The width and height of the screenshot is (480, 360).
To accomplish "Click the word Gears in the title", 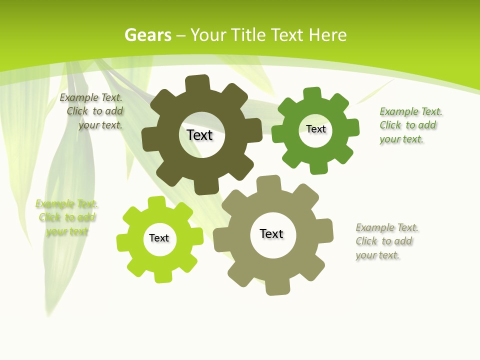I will (147, 35).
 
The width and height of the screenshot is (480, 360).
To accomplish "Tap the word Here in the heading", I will (327, 35).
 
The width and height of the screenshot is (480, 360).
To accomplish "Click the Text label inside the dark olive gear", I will (199, 135).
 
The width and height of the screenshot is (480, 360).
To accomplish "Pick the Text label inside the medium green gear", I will (315, 129).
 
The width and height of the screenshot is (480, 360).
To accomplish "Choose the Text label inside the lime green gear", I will (159, 238).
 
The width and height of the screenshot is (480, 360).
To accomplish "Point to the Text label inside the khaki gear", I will (271, 234).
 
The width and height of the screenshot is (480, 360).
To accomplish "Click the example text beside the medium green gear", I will (410, 125).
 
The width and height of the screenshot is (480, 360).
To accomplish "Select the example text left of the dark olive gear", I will (92, 111).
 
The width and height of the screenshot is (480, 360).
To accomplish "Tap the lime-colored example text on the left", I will (66, 218).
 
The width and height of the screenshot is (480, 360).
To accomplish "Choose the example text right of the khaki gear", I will (386, 241).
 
